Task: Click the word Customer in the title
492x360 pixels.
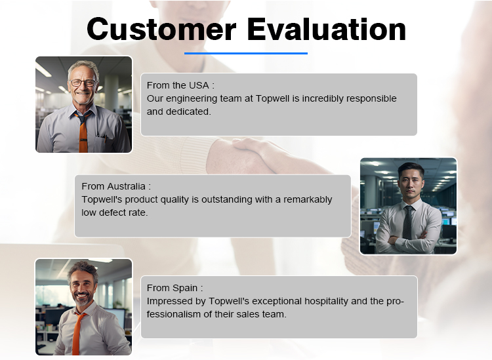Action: (x=161, y=29)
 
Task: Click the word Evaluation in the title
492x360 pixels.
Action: (x=327, y=29)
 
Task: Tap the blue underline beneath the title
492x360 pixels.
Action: (x=246, y=53)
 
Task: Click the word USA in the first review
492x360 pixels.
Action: (x=199, y=85)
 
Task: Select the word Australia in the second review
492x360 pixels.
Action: (x=127, y=186)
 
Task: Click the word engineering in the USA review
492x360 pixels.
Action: (x=192, y=99)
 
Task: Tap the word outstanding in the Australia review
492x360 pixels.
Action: (x=227, y=200)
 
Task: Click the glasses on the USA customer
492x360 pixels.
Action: (x=83, y=83)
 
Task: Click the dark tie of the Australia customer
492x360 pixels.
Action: (x=408, y=222)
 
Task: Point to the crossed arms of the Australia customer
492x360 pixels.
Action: (x=407, y=239)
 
